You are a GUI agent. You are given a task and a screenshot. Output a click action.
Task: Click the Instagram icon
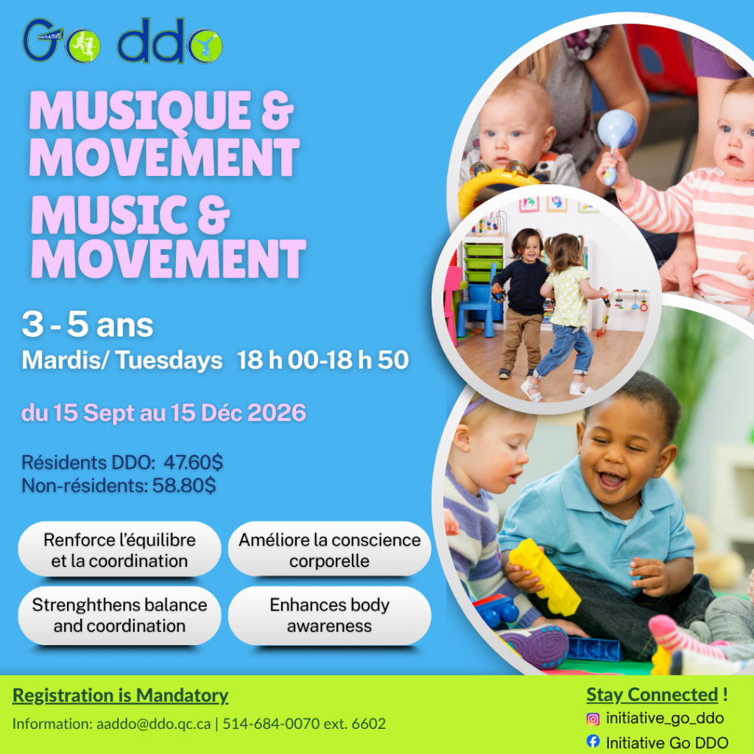point(593,719)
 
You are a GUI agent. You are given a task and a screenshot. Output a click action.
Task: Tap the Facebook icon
point(593,741)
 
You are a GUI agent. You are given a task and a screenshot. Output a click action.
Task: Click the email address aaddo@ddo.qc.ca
point(153,724)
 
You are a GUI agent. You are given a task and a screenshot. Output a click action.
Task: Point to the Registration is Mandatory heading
point(120,695)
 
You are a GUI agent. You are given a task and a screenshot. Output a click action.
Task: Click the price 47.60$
point(194,462)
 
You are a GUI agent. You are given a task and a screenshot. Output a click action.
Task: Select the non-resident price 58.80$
point(184,485)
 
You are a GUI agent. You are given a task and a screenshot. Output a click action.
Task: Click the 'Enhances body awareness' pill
point(329,616)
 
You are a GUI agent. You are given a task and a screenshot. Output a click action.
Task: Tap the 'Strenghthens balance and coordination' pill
point(119,616)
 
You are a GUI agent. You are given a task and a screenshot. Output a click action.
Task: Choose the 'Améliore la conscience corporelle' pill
point(329,549)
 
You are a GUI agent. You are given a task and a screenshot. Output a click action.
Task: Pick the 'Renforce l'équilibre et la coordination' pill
point(119,549)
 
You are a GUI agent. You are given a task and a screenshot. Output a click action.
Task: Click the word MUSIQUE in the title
point(140,111)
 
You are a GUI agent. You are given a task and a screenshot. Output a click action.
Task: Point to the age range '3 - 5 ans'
point(88,325)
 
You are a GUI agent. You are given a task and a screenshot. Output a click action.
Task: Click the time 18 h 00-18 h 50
point(323,359)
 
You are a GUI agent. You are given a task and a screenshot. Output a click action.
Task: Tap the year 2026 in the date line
point(277,412)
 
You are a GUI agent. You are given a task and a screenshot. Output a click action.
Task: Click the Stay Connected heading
point(652,694)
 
